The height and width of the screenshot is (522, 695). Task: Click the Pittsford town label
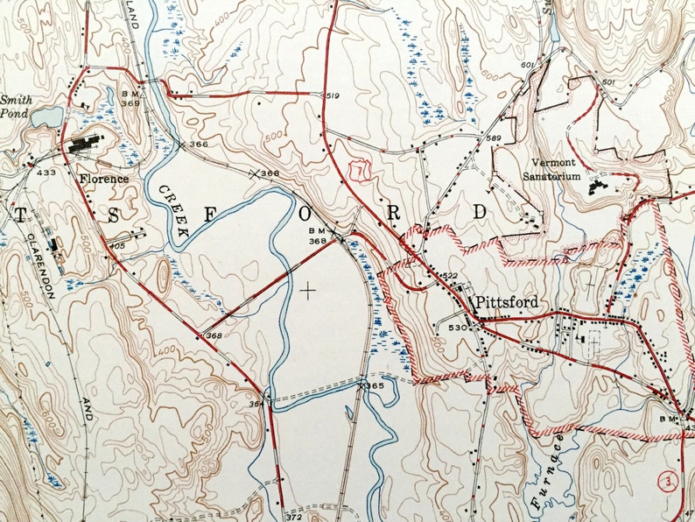pyautogui.click(x=508, y=302)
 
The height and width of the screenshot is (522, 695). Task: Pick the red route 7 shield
pyautogui.click(x=355, y=171)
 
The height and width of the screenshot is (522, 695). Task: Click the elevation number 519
pyautogui.click(x=332, y=95)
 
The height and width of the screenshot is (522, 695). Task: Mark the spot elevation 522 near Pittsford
pyautogui.click(x=449, y=276)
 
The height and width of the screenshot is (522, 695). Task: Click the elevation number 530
pyautogui.click(x=455, y=328)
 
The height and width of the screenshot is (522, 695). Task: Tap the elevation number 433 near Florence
pyautogui.click(x=44, y=173)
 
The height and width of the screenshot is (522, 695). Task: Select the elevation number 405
pyautogui.click(x=118, y=246)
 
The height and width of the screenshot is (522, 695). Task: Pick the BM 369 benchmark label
pyautogui.click(x=132, y=98)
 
